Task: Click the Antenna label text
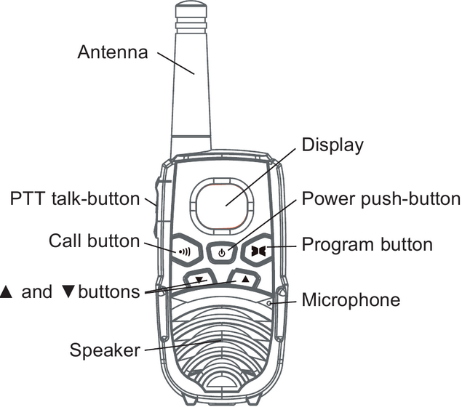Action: coord(112,52)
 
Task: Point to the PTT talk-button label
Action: coord(74,198)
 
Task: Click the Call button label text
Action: coord(94,241)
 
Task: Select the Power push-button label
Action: coord(381,199)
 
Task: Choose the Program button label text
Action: coord(367,244)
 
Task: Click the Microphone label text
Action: coord(350,299)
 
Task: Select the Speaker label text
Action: coord(104,350)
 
